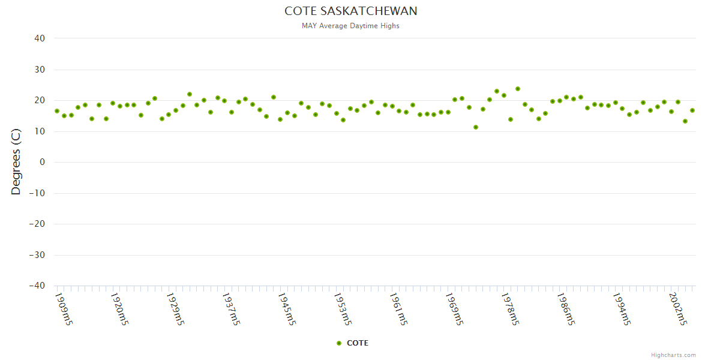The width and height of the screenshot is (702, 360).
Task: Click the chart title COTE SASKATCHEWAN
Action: click(x=350, y=11)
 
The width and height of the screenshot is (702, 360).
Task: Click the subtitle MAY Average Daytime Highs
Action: click(x=350, y=26)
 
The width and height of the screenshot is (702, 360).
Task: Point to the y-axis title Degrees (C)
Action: click(x=16, y=162)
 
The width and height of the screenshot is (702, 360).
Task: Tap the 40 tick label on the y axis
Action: click(x=40, y=38)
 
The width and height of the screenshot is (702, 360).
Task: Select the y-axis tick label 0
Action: click(x=43, y=162)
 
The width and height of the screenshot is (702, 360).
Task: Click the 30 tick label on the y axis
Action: click(x=40, y=70)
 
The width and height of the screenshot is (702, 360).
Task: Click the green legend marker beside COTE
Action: click(x=339, y=343)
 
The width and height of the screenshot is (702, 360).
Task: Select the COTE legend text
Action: click(x=358, y=343)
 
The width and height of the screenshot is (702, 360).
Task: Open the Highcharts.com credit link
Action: click(x=673, y=355)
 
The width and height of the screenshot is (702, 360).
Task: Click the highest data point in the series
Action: click(x=517, y=89)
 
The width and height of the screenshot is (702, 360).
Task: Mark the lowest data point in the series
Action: click(x=476, y=127)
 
